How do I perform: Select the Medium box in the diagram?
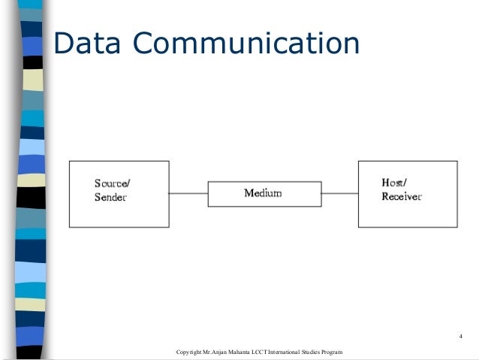tap(224, 194)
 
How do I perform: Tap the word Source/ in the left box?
tap(110, 183)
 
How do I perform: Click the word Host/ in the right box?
tap(395, 183)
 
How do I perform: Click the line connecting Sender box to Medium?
tap(187, 194)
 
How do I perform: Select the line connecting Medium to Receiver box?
tap(339, 194)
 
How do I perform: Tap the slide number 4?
tap(460, 335)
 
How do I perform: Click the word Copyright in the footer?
tap(188, 352)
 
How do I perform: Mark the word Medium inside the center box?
tap(263, 194)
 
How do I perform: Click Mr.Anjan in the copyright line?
tap(215, 352)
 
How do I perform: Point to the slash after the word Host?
tap(406, 183)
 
